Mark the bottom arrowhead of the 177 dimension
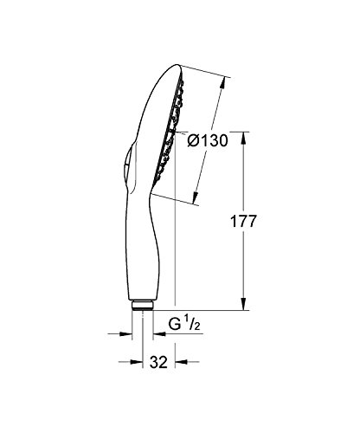pos(242,305)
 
